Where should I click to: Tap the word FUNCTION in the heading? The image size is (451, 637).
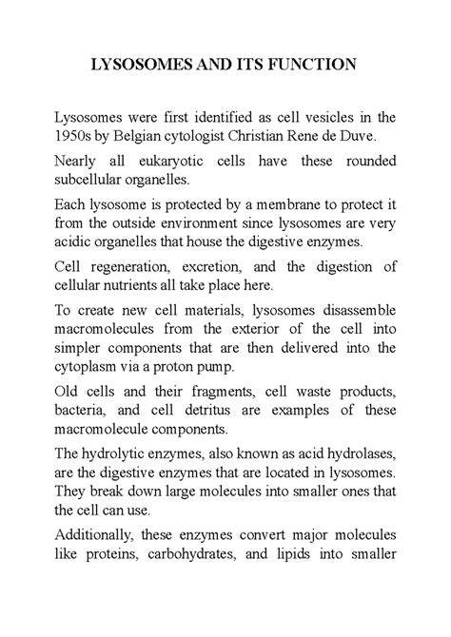310,66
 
